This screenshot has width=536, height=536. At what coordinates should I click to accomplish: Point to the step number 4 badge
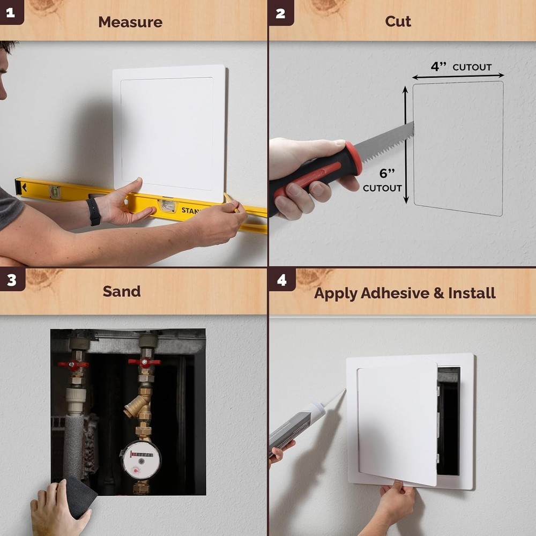[x=281, y=279]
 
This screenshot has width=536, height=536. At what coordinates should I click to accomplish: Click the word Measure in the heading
[x=130, y=22]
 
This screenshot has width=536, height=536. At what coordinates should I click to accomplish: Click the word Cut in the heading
[x=398, y=21]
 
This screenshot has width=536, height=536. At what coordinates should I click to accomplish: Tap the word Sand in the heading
[x=122, y=291]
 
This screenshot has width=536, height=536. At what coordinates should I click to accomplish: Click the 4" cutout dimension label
[x=461, y=67]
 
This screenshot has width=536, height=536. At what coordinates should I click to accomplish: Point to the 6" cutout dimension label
[x=382, y=180]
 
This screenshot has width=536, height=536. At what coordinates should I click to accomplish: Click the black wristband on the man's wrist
[x=94, y=211]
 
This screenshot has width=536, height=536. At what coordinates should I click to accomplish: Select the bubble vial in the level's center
[x=168, y=205]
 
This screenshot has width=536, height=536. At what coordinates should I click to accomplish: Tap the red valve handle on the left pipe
[x=73, y=365]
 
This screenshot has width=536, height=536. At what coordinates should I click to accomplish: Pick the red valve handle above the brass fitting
[x=144, y=362]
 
